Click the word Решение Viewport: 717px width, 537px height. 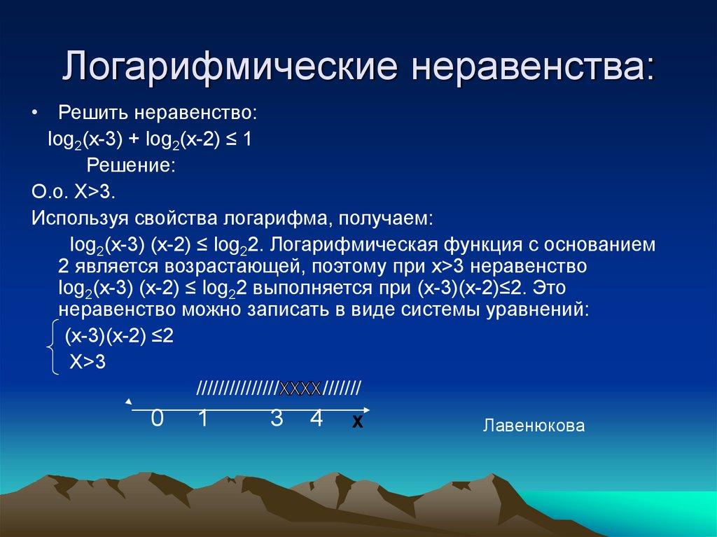click(x=130, y=165)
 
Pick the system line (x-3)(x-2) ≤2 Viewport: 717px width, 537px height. click(x=119, y=335)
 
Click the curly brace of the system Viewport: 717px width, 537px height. click(x=49, y=348)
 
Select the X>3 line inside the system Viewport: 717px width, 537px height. click(x=87, y=362)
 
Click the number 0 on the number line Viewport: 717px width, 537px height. click(x=158, y=419)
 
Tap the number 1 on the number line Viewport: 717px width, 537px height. click(x=203, y=419)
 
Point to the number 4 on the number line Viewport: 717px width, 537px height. click(x=316, y=419)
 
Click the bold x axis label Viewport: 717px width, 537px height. click(x=357, y=423)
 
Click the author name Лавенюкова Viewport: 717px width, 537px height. click(x=534, y=425)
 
